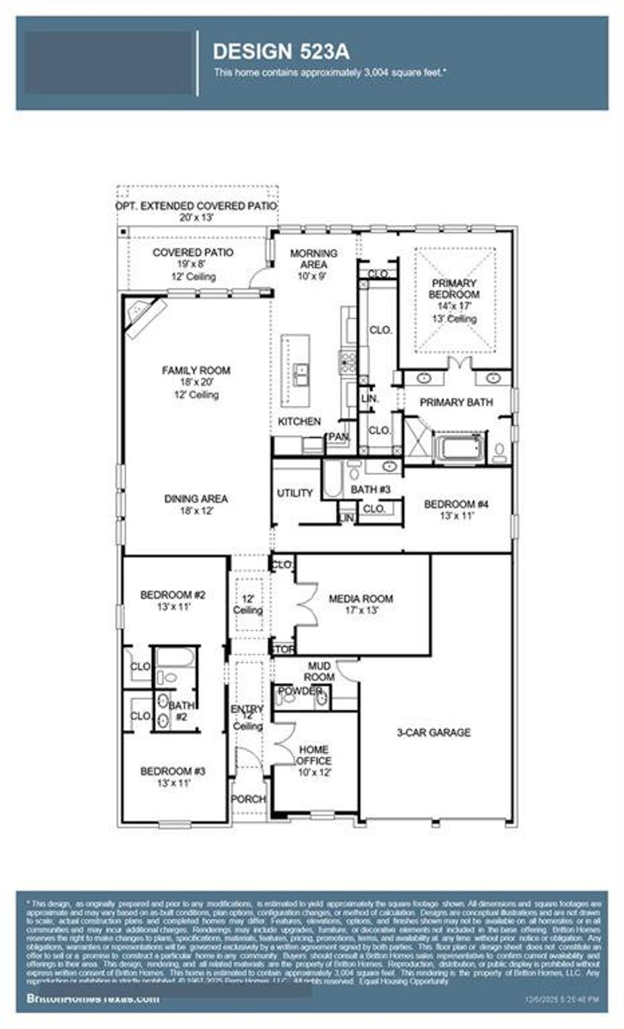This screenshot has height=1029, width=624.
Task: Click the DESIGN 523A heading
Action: [281, 52]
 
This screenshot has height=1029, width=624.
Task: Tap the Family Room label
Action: [196, 371]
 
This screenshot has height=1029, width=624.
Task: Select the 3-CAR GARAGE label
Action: [433, 732]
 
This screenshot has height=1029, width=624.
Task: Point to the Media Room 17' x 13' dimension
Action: [361, 611]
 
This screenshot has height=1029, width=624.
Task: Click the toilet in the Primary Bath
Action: [499, 452]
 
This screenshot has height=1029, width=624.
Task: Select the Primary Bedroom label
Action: [454, 289]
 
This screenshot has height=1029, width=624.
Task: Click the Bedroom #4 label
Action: [456, 504]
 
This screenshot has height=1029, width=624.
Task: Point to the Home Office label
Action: [314, 755]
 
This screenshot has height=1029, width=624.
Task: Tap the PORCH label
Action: [248, 799]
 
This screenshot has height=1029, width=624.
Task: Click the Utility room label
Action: [294, 493]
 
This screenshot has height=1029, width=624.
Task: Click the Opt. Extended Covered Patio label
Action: [196, 206]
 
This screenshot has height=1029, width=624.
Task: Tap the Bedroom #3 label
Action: [173, 771]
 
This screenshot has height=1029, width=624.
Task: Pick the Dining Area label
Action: [196, 499]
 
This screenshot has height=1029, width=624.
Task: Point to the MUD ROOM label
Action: [319, 672]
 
